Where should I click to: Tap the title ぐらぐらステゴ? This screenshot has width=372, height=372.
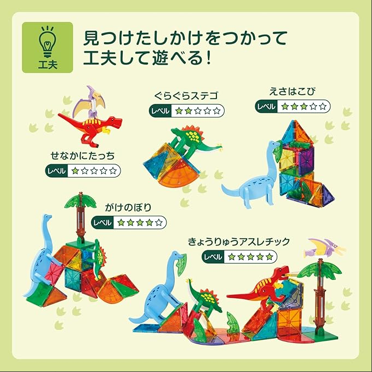(x=186, y=96)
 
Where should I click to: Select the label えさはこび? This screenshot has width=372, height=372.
(x=293, y=91)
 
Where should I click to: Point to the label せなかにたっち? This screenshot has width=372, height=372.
(x=83, y=156)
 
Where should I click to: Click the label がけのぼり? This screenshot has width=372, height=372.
(x=128, y=207)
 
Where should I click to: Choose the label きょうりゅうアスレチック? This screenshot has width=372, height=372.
(x=239, y=242)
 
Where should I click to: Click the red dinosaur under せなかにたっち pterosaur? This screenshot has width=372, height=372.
(x=90, y=128)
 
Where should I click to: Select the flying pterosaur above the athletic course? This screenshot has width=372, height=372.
(x=325, y=248)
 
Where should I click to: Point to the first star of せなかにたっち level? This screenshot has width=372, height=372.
(x=75, y=170)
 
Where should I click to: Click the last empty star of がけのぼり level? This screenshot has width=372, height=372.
(x=159, y=222)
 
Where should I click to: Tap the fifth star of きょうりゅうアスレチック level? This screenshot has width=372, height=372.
(x=269, y=257)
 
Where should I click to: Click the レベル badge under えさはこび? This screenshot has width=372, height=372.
(x=266, y=106)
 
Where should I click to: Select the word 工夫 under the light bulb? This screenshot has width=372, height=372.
(x=48, y=64)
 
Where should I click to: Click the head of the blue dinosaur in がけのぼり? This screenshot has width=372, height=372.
(x=48, y=217)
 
